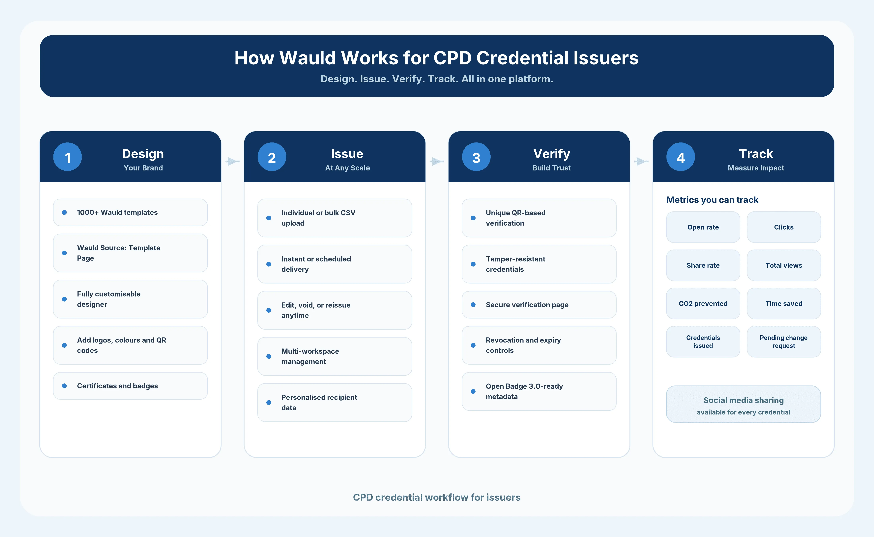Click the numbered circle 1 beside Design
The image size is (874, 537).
coord(67,157)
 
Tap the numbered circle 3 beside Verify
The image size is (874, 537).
coord(476,157)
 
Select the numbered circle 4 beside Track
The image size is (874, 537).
coord(680,157)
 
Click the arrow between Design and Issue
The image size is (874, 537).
coord(233,161)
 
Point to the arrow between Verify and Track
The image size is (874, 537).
coord(641,161)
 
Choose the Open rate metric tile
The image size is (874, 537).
coord(703,227)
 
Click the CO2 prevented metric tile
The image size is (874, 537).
coord(703,304)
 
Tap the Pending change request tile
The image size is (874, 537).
coord(784,342)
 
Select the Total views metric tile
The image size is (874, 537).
coord(784,265)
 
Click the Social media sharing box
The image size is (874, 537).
coord(743,404)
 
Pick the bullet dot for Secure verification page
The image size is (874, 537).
coord(473,305)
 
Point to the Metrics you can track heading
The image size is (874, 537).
coord(712,200)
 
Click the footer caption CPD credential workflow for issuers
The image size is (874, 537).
coord(437,497)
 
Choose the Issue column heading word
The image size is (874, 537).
coord(347,154)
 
